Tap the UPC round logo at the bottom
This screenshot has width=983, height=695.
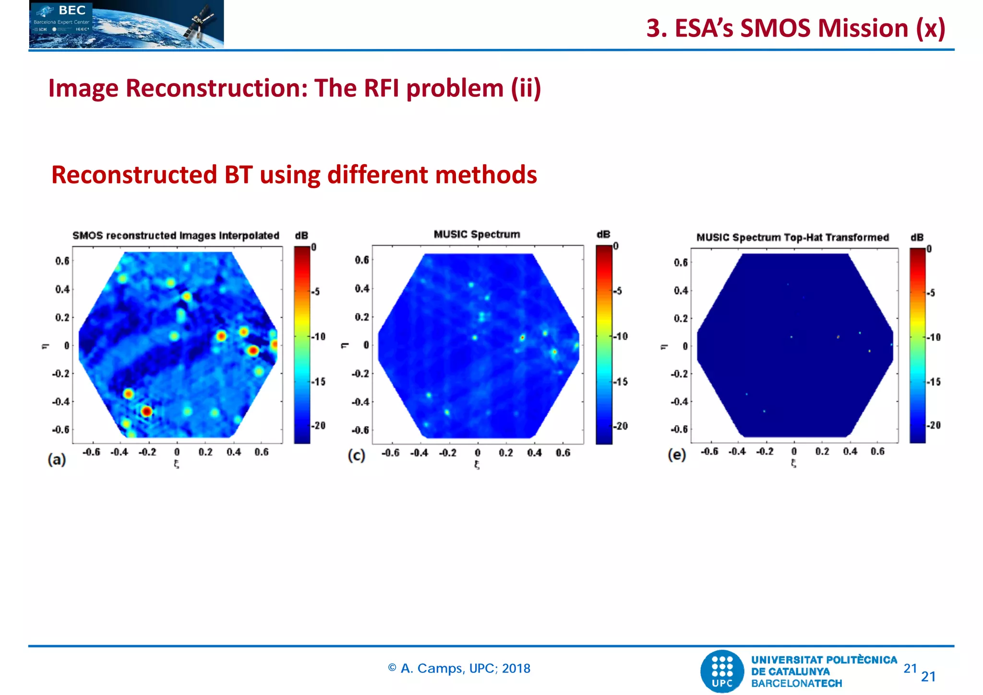(x=722, y=671)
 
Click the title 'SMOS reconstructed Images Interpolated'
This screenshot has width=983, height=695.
(x=176, y=236)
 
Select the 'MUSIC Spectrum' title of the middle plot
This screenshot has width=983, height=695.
(x=477, y=234)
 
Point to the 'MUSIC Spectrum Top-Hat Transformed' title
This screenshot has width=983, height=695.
(x=792, y=238)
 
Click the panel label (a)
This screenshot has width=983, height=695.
(x=57, y=460)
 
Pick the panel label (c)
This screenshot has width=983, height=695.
(x=357, y=455)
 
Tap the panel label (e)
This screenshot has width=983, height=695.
(x=677, y=455)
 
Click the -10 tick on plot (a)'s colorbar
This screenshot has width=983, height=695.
(x=319, y=336)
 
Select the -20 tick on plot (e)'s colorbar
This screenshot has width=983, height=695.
(x=933, y=425)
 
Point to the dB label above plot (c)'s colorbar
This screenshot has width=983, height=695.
(x=603, y=234)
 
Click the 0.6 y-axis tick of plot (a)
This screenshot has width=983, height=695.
(x=62, y=261)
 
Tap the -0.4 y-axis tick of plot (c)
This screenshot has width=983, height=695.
(x=361, y=402)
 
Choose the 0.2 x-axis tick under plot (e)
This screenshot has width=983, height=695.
(x=822, y=452)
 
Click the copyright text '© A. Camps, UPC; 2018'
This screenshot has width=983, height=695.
(x=459, y=669)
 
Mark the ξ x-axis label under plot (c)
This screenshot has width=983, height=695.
(x=477, y=465)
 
